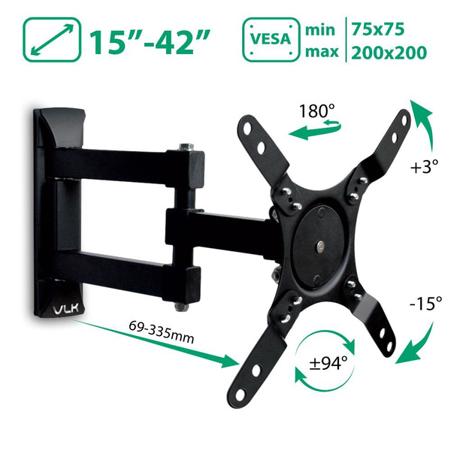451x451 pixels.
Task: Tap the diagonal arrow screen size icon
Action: (x=52, y=40)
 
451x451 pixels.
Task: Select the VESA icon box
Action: (x=271, y=40)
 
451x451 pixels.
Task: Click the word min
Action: (x=320, y=30)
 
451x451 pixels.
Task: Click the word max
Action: (x=322, y=52)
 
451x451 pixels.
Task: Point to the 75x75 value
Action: (x=377, y=29)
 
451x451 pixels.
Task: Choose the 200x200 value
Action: (x=389, y=53)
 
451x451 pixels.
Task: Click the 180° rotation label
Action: (x=317, y=111)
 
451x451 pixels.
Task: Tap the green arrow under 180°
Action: (x=315, y=131)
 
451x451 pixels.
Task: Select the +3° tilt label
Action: (x=425, y=167)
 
